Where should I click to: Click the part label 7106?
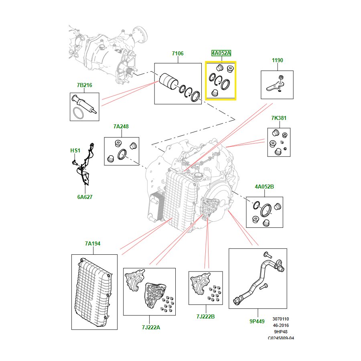pos(178,53)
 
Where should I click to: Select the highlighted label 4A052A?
pos(221,53)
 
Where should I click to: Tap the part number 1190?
pos(277,60)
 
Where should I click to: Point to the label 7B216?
pos(84,85)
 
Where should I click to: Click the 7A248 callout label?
pos(121,126)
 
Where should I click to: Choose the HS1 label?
pos(75,150)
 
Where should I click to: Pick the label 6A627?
pos(85,197)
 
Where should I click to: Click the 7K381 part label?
pos(279,118)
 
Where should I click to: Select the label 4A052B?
pos(264,187)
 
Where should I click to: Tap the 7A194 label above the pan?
pos(93,243)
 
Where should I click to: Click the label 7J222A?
pos(151,327)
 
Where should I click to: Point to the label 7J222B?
pos(205,316)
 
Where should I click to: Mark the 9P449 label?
pos(257,321)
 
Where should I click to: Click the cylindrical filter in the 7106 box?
pos(168,81)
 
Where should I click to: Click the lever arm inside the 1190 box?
pos(274,86)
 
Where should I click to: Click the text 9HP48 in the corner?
pos(281,332)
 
